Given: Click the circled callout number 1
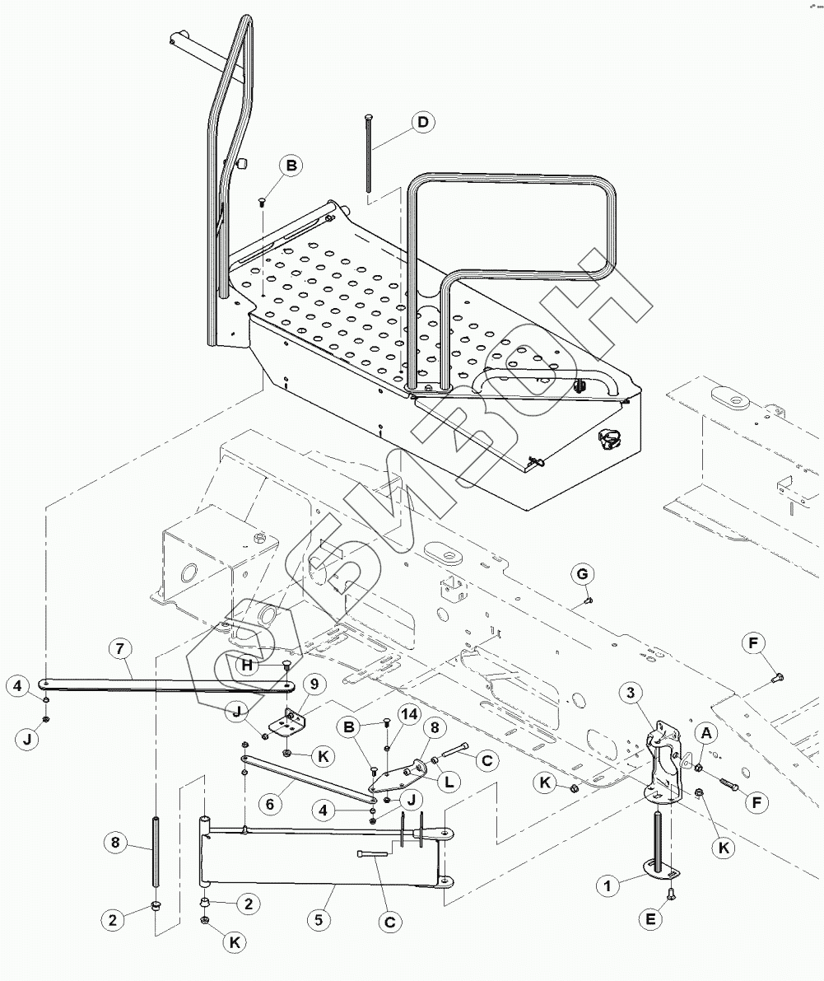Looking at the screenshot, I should (x=608, y=885).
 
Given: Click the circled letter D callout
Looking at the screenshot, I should (x=422, y=124).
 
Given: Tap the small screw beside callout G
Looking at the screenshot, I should (x=587, y=600).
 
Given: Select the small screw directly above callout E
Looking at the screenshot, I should (x=671, y=891).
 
